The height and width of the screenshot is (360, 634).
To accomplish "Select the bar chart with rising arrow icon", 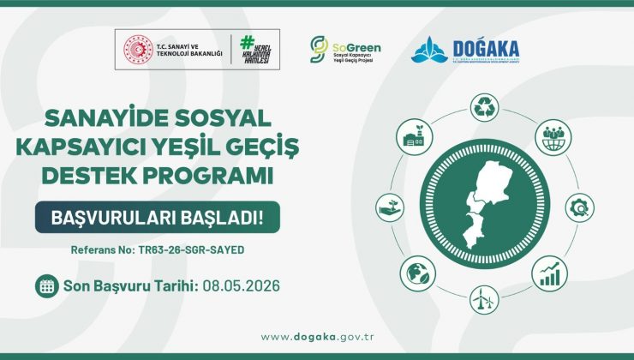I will pos(548,273).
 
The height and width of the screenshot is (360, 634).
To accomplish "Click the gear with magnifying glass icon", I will pos(579,206).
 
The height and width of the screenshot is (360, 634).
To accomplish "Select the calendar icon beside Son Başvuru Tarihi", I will pos(46,286).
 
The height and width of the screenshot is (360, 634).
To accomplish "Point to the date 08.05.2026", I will pos(242,286).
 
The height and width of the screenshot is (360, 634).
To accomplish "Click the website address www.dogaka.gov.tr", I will pos(316,336).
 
